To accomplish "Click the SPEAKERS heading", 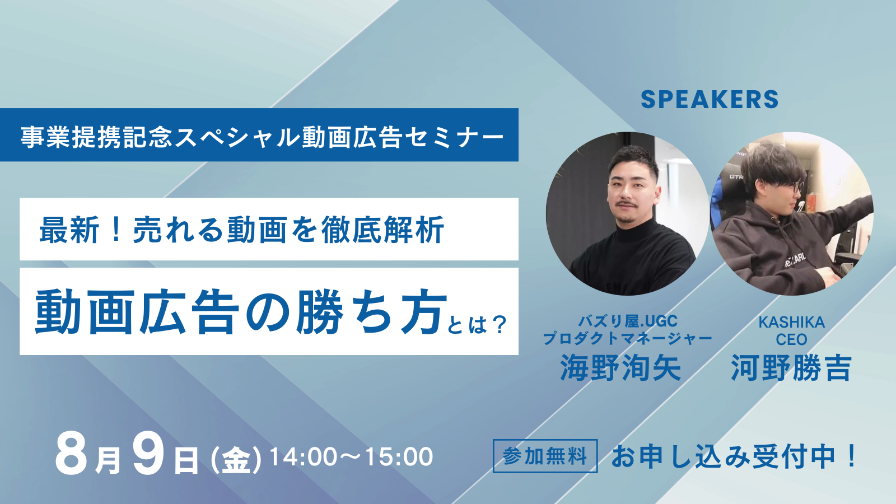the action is coord(709,99).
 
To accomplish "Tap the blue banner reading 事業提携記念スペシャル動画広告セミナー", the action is coord(259,135).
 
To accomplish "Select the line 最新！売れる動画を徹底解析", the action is coord(241,230).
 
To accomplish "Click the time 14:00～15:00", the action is coord(352,456).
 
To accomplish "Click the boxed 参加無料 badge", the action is coord(545,456).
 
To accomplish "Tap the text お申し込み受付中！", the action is coord(733,456).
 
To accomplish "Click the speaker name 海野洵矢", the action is coord(620,368).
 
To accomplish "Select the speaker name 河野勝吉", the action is coord(791,368).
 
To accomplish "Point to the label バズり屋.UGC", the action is coord(628,321).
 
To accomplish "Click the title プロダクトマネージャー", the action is coord(627,339).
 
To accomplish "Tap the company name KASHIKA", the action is coord(792,322).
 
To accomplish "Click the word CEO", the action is coord(792,339).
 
